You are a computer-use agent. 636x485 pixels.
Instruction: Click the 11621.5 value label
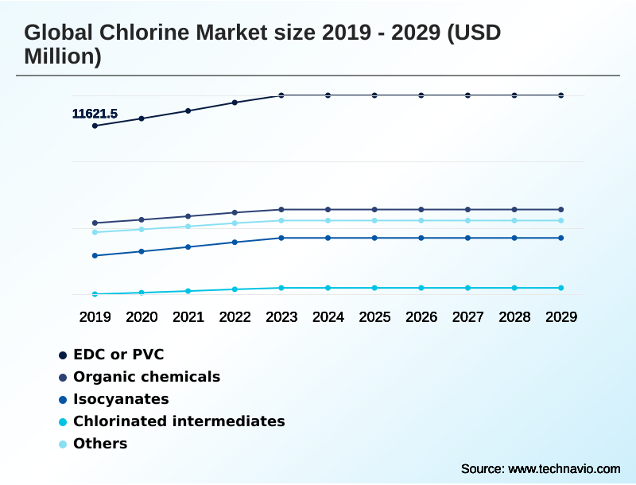pos(95,114)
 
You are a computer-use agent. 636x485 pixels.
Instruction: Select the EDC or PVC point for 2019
pos(95,126)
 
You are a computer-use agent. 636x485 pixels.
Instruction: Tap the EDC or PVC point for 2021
pos(188,111)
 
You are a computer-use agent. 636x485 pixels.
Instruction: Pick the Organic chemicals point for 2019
pos(95,223)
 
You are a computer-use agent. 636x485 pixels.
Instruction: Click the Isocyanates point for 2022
pos(235,242)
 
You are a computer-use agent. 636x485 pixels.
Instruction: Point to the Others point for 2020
pos(142,229)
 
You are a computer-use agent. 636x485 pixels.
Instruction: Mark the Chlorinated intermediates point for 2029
pos(560,288)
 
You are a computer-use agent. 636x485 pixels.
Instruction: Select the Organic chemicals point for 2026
pos(421,209)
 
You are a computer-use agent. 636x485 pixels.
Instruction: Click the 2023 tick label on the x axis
pos(281,317)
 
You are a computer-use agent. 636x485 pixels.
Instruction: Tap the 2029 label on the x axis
pos(560,317)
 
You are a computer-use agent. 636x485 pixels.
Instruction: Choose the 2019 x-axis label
pos(95,317)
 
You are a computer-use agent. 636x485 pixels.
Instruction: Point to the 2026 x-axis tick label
pos(421,317)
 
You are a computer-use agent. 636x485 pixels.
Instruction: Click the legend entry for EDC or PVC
pos(118,355)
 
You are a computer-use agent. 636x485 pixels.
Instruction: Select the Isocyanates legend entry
pos(121,399)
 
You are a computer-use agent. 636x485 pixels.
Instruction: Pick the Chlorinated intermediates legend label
pos(179,421)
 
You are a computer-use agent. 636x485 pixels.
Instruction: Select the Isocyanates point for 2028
pos(514,238)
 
